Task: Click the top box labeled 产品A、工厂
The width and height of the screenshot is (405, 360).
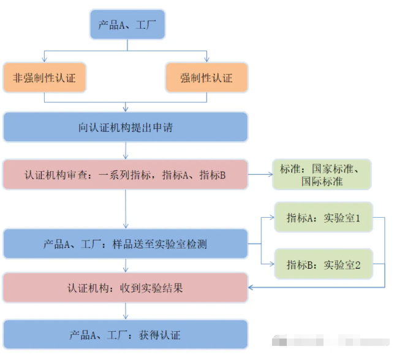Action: click(127, 25)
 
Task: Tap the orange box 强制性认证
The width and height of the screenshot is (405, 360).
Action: click(206, 78)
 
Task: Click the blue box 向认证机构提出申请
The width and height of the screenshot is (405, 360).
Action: click(126, 128)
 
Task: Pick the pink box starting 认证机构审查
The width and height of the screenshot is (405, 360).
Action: click(126, 175)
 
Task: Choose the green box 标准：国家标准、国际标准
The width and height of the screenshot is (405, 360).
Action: click(322, 175)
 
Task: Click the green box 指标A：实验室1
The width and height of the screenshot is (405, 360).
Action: click(323, 218)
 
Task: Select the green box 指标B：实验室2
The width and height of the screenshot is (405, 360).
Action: click(323, 265)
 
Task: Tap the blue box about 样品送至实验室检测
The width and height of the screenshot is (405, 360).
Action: click(126, 244)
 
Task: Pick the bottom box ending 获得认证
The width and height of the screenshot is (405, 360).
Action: click(126, 335)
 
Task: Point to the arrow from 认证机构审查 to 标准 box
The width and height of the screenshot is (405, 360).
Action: click(260, 175)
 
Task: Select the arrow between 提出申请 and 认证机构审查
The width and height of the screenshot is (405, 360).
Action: click(126, 151)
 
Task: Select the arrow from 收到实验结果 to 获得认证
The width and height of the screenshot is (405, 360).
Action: click(126, 312)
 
